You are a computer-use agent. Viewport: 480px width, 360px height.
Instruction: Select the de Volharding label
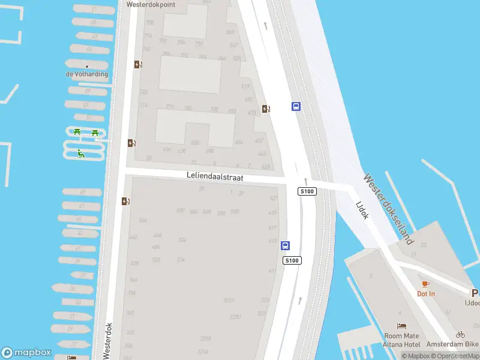tap(87, 74)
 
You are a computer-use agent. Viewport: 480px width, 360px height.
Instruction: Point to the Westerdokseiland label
tap(389, 209)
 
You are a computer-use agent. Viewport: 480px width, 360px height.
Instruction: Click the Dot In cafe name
tap(426, 293)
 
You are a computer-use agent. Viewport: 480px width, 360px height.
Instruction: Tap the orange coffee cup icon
tap(426, 283)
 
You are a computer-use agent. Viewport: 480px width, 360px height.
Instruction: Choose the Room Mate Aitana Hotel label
tap(402, 340)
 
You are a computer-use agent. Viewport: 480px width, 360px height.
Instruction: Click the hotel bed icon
tap(401, 326)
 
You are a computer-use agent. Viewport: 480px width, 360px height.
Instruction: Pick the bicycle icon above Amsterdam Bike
tap(460, 334)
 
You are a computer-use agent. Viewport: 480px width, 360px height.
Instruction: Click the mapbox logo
tap(26, 352)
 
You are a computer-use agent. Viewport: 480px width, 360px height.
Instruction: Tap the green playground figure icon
tap(80, 154)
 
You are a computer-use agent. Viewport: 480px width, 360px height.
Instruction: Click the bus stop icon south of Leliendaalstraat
tap(286, 245)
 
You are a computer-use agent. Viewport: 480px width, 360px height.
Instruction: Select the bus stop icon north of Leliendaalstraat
tap(296, 106)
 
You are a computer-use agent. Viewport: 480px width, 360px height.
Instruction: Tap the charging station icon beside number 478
tap(265, 109)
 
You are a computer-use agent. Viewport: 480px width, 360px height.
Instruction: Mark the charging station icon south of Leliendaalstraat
tap(125, 201)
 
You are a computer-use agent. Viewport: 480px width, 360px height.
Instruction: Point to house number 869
tap(230, 32)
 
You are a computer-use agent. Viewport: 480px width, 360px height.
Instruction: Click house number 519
tap(245, 86)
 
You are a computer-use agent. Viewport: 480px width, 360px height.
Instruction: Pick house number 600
tap(181, 211)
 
